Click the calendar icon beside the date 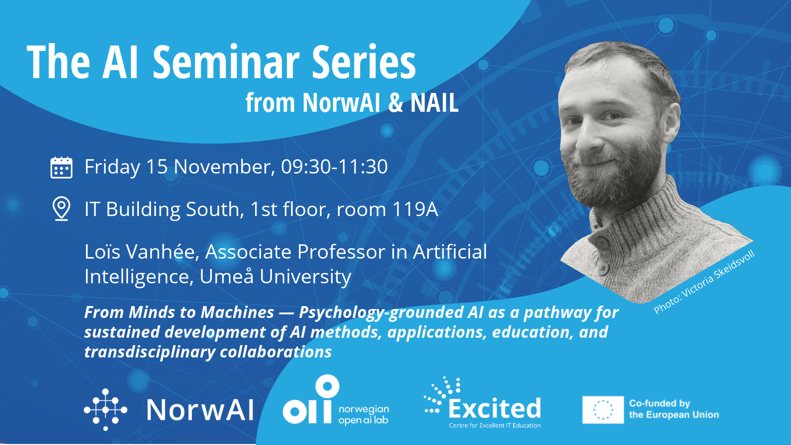click(61, 168)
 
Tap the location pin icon click(61, 209)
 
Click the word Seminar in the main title click(226, 62)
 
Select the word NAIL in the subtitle click(435, 102)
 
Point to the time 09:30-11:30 click(334, 167)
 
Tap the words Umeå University click(275, 276)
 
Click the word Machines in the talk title click(238, 312)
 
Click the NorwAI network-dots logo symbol click(106, 410)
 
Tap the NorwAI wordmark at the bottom click(200, 410)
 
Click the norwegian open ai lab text click(364, 415)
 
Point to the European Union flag click(603, 410)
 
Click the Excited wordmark click(494, 408)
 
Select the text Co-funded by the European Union click(674, 409)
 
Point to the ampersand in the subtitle click(395, 102)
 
